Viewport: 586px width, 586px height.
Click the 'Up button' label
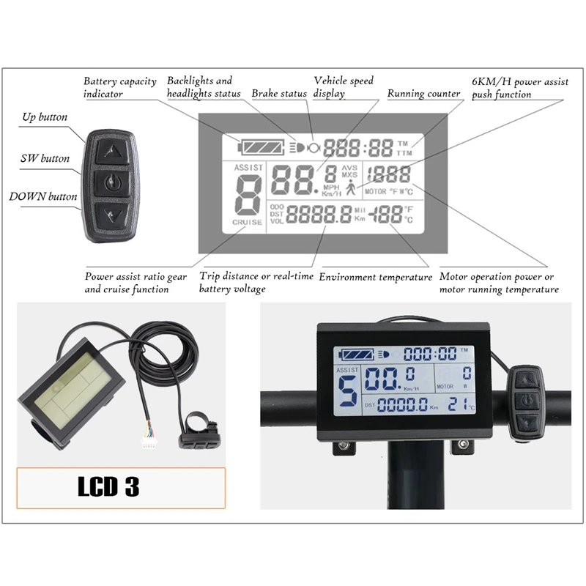coord(44,117)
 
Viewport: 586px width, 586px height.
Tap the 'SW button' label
coord(45,158)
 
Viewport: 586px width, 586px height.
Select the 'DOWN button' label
coord(42,196)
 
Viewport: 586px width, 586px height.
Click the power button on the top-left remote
coord(111,182)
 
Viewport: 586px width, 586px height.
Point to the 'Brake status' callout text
coord(279,94)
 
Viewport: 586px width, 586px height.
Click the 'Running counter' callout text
coord(423,94)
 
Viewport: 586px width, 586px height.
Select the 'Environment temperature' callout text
coord(376,277)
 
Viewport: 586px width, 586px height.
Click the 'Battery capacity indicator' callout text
coord(119,87)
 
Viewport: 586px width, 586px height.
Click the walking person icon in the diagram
coord(351,188)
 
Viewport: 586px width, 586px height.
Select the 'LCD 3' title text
coord(108,487)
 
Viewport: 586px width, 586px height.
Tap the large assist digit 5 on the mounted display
coord(349,393)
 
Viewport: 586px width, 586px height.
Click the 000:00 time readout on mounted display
coord(430,353)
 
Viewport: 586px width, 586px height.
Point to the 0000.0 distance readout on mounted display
coord(402,404)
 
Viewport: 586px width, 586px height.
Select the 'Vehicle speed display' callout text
coord(343,87)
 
